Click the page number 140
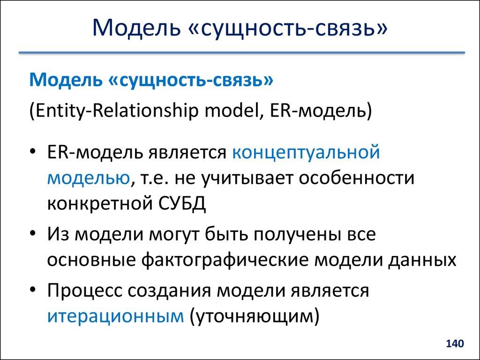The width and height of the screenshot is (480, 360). [x=455, y=344]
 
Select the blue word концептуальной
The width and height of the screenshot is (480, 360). [x=305, y=153]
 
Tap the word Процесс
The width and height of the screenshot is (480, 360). [x=84, y=291]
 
